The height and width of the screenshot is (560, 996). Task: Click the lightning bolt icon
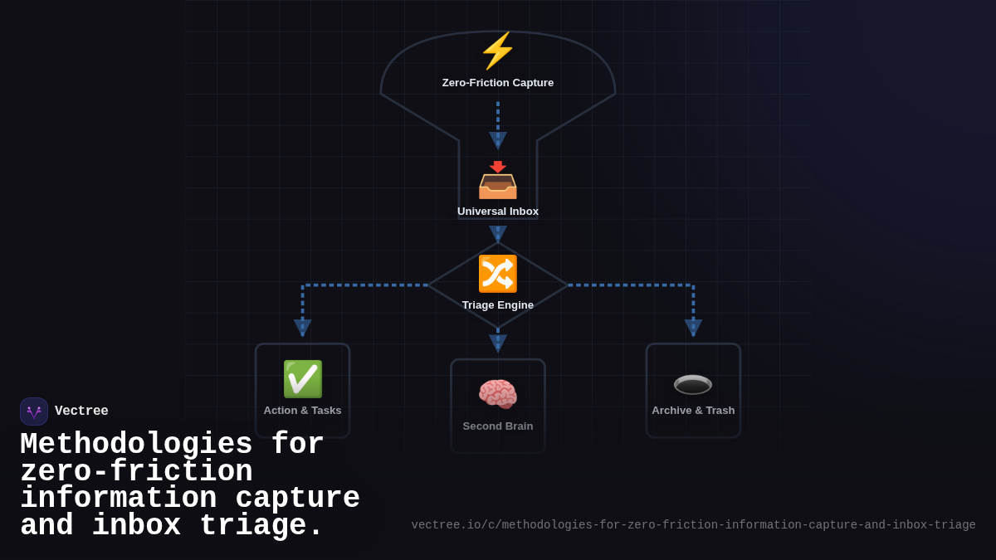[x=498, y=51]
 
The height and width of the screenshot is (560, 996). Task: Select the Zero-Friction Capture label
[x=498, y=83]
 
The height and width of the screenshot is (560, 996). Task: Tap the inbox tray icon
[x=498, y=180]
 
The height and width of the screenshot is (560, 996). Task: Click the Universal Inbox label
[x=498, y=212]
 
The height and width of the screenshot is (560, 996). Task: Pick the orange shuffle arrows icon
[x=498, y=274]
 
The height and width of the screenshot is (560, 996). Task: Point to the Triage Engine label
[x=498, y=305]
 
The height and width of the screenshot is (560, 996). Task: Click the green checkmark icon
[x=302, y=379]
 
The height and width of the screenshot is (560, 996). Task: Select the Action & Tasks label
[x=302, y=411]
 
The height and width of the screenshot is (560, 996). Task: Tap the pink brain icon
[x=498, y=394]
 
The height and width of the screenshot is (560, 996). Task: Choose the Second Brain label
[x=498, y=426]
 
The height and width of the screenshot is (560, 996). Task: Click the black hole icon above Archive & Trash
[x=693, y=384]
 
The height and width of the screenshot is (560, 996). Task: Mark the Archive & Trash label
[x=693, y=411]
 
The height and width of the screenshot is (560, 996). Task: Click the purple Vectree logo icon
[x=34, y=411]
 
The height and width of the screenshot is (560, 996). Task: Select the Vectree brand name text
[x=81, y=411]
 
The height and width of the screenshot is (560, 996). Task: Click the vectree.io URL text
[x=693, y=525]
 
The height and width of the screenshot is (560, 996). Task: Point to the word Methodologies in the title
[x=137, y=445]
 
